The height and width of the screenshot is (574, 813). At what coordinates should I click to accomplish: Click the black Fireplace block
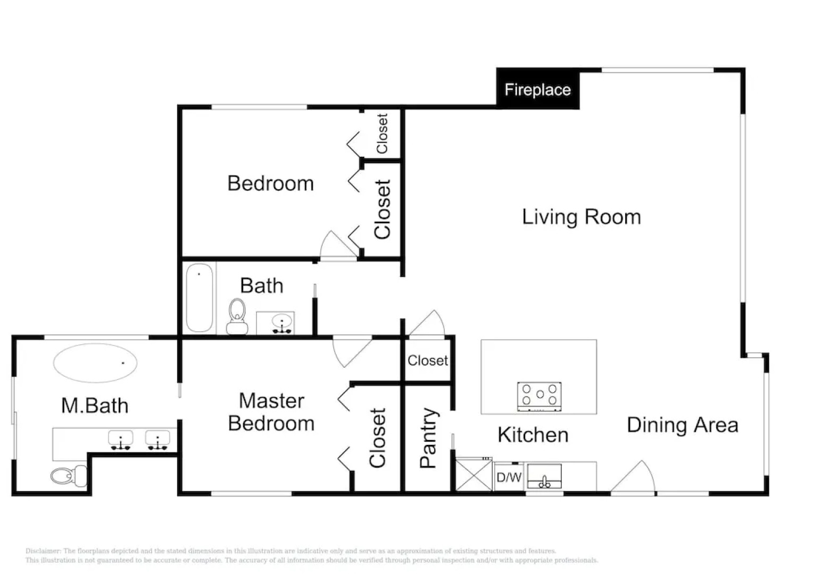[x=537, y=89]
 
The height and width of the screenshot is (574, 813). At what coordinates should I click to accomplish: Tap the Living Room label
[x=581, y=217]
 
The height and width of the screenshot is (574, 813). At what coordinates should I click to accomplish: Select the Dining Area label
[x=682, y=425]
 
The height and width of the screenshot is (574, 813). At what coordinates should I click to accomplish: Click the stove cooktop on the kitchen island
[x=540, y=396]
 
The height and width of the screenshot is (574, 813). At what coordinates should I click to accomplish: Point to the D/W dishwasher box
[x=509, y=477]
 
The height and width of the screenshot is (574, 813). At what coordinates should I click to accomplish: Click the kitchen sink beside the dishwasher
[x=544, y=476]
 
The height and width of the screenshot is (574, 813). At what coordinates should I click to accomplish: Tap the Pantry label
[x=428, y=438]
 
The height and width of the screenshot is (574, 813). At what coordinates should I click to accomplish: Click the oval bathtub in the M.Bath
[x=95, y=363]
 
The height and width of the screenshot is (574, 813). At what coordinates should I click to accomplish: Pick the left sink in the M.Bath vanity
[x=121, y=440]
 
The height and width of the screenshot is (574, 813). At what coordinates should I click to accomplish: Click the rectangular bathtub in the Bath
[x=200, y=298]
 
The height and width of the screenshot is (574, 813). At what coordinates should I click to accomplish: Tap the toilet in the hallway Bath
[x=237, y=316]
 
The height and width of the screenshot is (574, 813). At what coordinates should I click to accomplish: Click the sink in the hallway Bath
[x=281, y=323]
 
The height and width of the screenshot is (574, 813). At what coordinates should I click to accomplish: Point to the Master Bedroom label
[x=271, y=412]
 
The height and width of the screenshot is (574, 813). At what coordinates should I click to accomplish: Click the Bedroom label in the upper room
[x=270, y=183]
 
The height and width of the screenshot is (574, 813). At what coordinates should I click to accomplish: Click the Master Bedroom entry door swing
[x=350, y=350]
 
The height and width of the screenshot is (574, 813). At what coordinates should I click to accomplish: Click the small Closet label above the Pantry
[x=427, y=360]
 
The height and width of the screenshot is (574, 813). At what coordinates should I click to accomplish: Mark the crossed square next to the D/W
[x=474, y=476]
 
